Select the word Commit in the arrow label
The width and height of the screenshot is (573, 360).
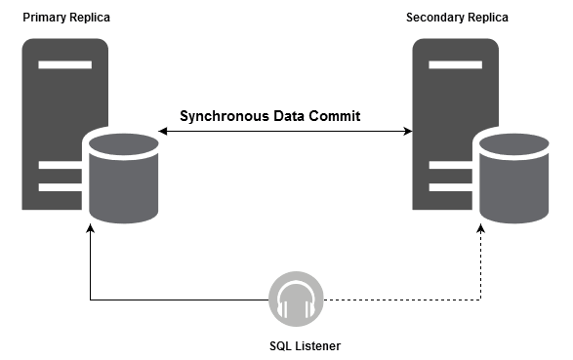pyautogui.click(x=336, y=116)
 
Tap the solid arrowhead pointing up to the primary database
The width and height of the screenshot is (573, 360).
pyautogui.click(x=90, y=230)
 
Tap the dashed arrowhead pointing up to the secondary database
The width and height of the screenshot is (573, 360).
pyautogui.click(x=481, y=230)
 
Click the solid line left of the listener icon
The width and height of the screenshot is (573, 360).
pyautogui.click(x=176, y=299)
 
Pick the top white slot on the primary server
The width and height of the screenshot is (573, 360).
pyautogui.click(x=59, y=65)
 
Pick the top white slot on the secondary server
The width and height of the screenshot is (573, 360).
pyautogui.click(x=449, y=65)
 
